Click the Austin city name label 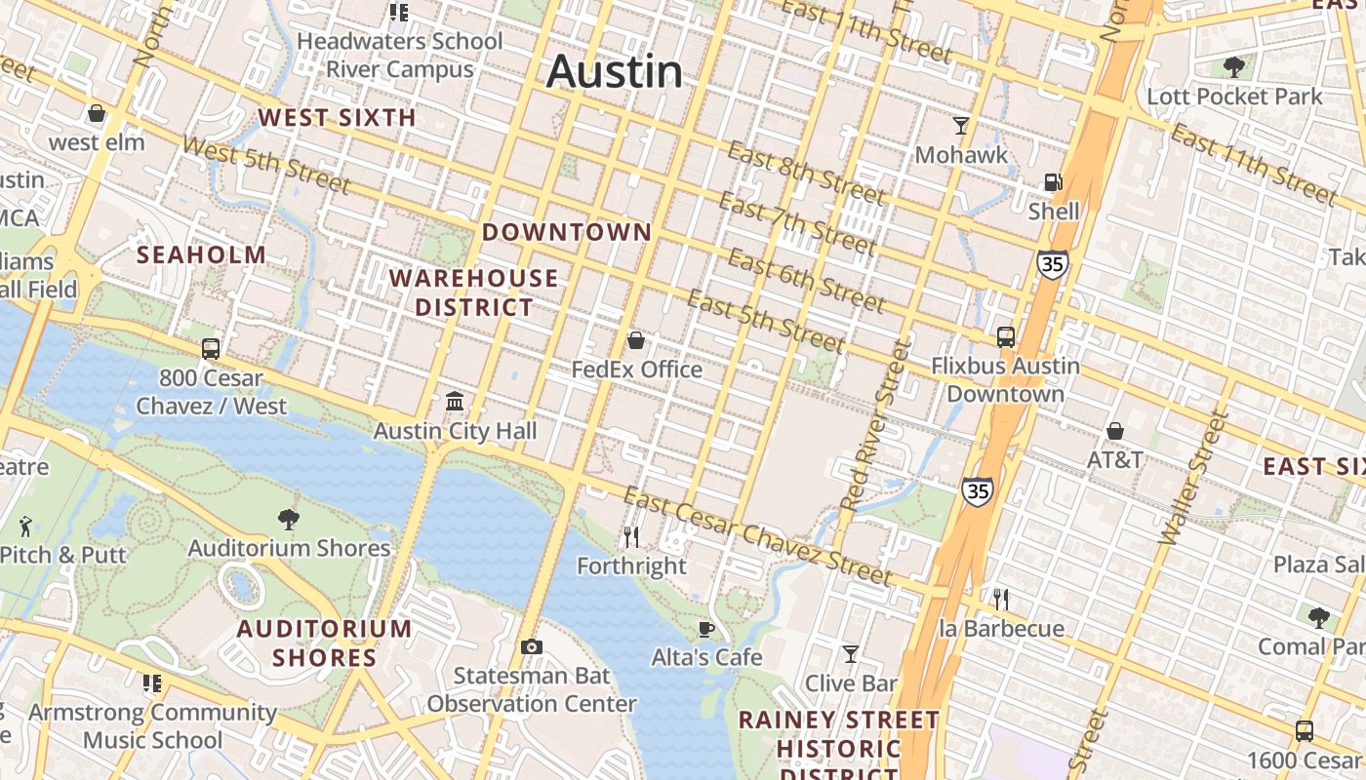pyautogui.click(x=615, y=72)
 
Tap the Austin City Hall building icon pyautogui.click(x=455, y=402)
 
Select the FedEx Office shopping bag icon pyautogui.click(x=636, y=340)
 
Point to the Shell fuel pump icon pyautogui.click(x=1053, y=182)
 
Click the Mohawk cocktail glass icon pyautogui.click(x=961, y=126)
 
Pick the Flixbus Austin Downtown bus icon pyautogui.click(x=1006, y=337)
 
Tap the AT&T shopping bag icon pyautogui.click(x=1115, y=431)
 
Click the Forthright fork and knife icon pyautogui.click(x=631, y=536)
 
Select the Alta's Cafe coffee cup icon pyautogui.click(x=706, y=629)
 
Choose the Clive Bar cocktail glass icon pyautogui.click(x=851, y=654)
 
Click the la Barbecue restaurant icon pyautogui.click(x=1000, y=599)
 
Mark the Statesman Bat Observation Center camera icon pyautogui.click(x=531, y=646)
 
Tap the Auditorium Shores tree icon pyautogui.click(x=289, y=519)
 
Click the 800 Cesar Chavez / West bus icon pyautogui.click(x=211, y=348)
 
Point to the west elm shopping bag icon pyautogui.click(x=97, y=114)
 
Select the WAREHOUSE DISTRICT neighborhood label pyautogui.click(x=474, y=292)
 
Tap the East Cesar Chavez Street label pyautogui.click(x=757, y=537)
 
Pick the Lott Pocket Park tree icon pyautogui.click(x=1234, y=67)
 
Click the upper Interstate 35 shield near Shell pyautogui.click(x=1053, y=264)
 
